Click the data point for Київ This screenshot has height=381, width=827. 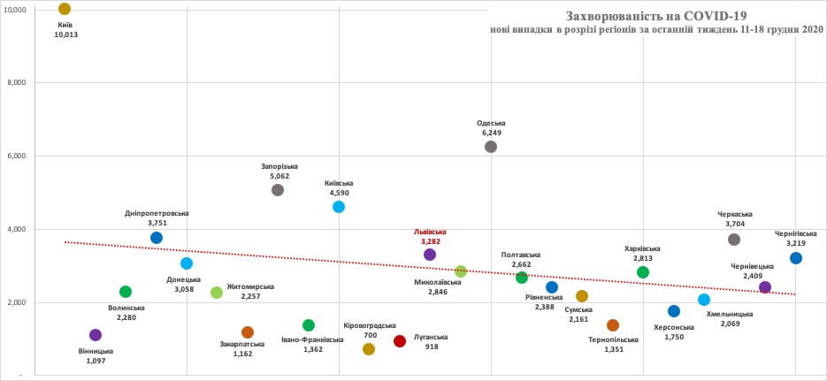(65, 9)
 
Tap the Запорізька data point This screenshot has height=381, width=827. (278, 190)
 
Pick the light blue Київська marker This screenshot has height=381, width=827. (339, 207)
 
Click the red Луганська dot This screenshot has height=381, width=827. (399, 341)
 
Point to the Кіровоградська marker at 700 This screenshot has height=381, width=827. (369, 349)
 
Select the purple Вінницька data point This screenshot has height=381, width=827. (96, 335)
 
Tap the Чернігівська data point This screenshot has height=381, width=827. (796, 258)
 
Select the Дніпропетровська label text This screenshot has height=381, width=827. (157, 213)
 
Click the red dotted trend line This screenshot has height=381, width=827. (265, 255)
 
